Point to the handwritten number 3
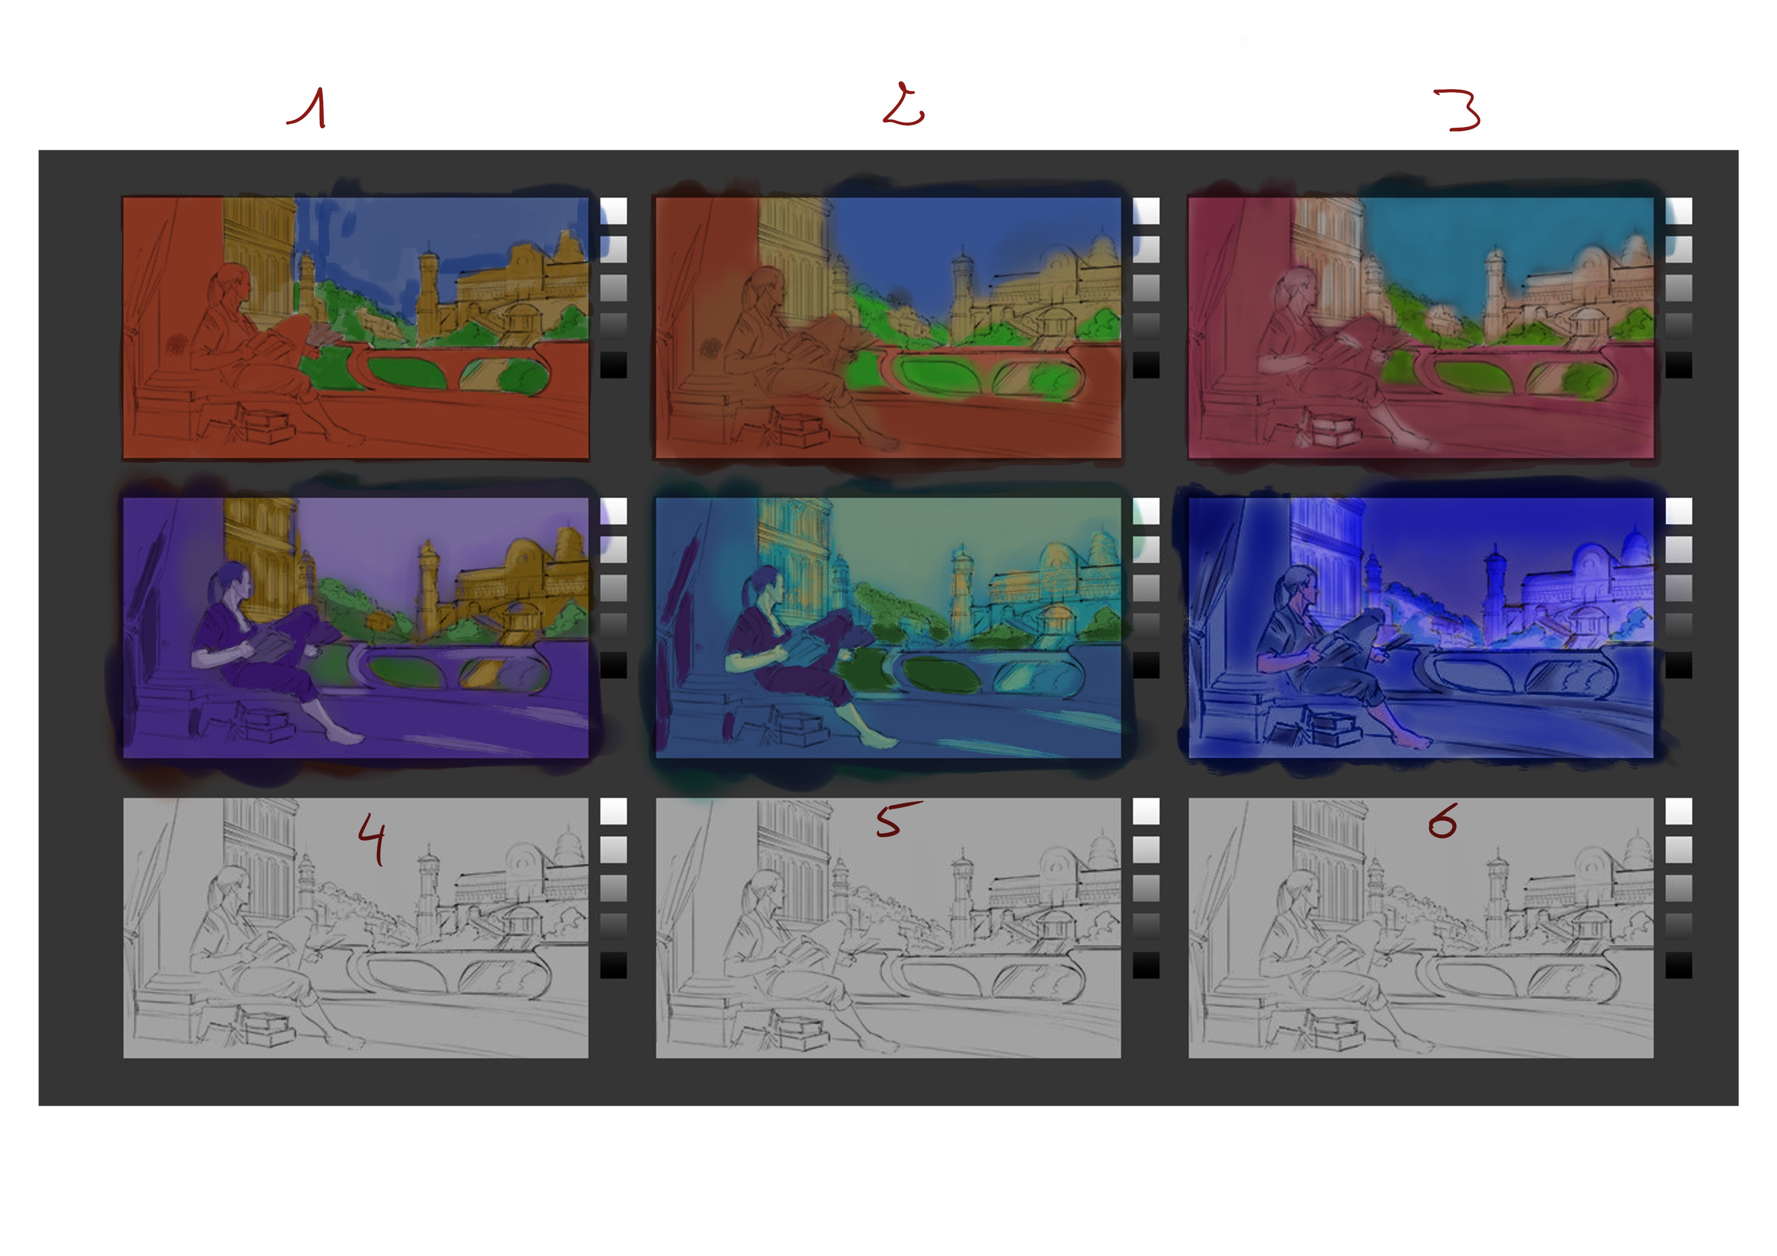[x=1459, y=110]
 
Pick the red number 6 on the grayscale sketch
[x=1443, y=821]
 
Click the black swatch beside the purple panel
[x=613, y=665]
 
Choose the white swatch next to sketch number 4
[x=613, y=811]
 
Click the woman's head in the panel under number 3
[x=1298, y=288]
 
